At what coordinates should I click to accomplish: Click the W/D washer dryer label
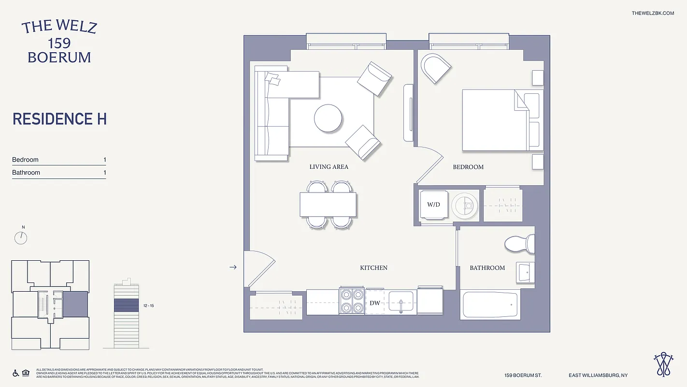433,205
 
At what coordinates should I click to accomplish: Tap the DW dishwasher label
375,303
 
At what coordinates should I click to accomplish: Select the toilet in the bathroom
520,244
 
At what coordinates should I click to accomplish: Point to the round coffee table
328,118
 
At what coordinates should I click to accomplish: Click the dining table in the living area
328,205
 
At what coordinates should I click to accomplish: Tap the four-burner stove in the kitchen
352,301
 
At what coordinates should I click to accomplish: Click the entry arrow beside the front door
233,267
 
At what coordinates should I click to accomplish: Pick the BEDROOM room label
468,167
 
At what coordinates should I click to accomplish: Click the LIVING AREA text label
329,167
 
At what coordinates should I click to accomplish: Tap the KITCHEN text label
373,268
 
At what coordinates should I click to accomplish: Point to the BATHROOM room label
487,268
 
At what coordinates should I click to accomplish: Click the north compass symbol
21,238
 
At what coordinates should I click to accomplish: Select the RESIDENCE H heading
59,119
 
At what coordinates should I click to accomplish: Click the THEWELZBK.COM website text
652,13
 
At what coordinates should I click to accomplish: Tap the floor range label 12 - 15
149,306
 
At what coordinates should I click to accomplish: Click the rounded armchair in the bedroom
436,69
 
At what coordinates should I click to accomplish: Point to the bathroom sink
525,272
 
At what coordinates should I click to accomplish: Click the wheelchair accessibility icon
15,373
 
